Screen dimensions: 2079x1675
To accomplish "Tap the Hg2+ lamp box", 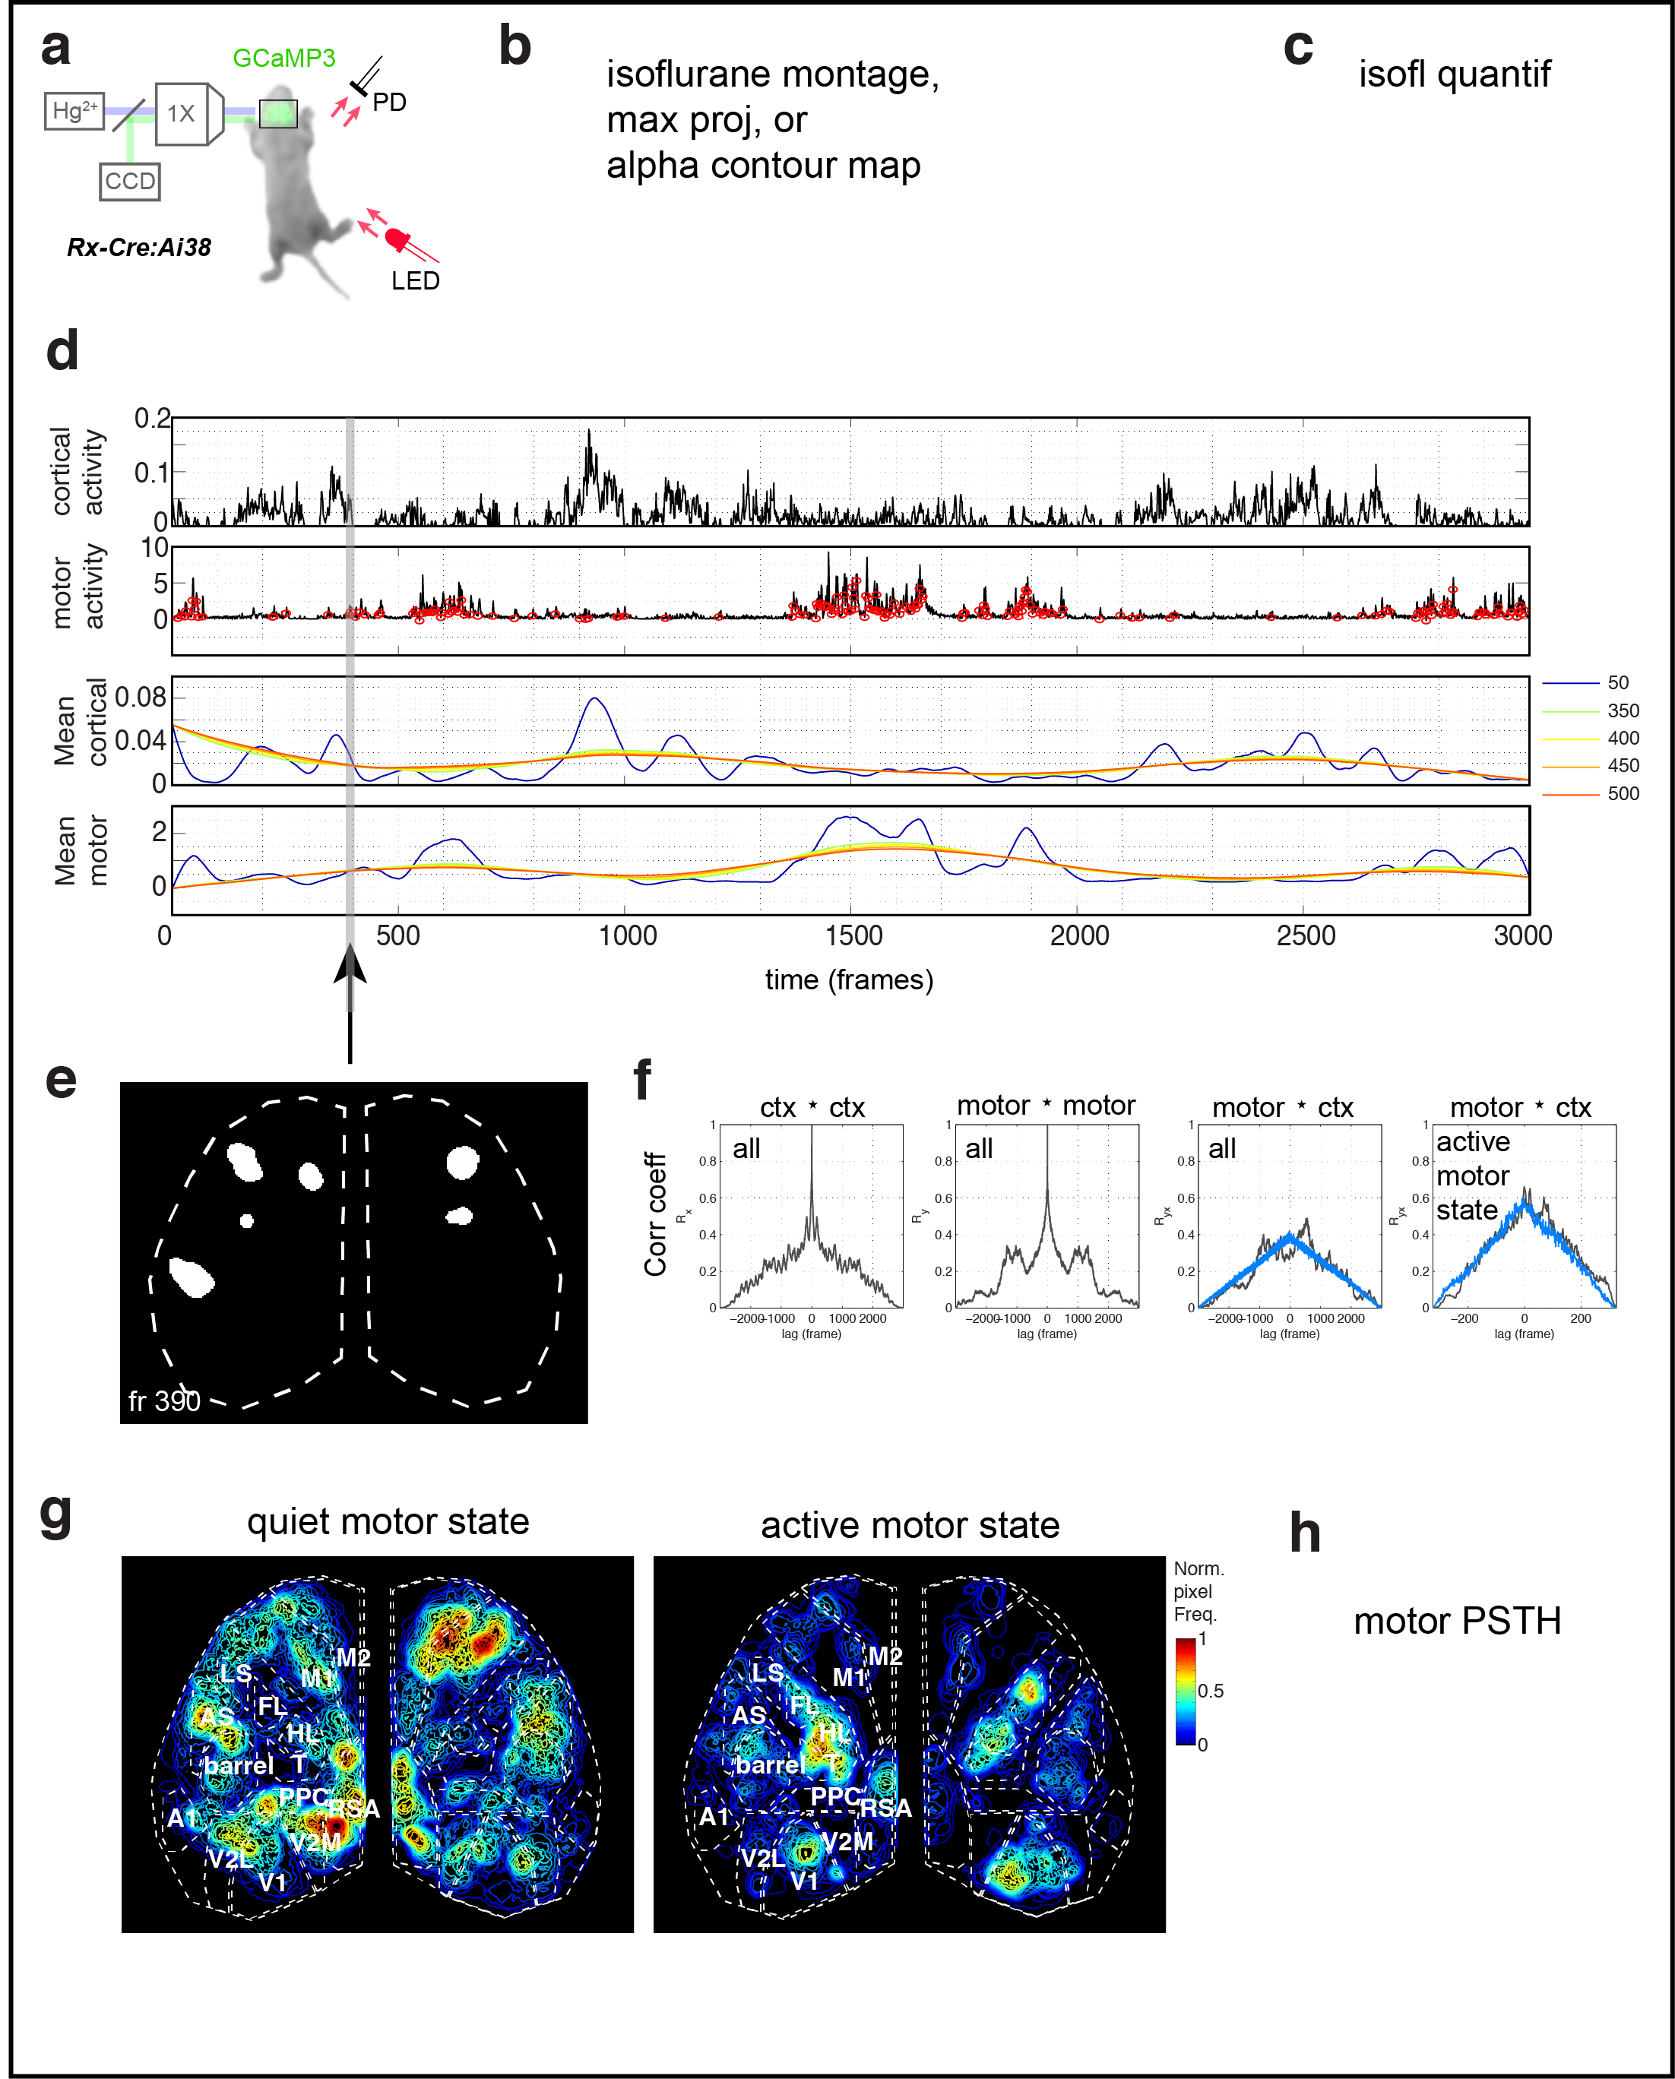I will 74,111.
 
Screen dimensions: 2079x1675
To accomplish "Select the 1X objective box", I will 182,113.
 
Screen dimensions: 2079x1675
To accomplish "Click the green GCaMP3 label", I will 283,58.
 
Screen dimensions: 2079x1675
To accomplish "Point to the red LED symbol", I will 397,237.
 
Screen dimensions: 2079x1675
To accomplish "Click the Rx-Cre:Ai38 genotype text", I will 139,247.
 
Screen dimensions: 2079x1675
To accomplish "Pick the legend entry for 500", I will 1623,793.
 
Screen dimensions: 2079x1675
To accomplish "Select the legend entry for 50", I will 1617,682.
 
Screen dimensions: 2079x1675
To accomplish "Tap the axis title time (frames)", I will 849,979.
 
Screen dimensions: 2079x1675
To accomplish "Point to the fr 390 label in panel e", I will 164,1400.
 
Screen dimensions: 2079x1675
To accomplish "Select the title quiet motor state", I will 388,1521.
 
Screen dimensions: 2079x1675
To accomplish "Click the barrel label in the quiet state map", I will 239,1765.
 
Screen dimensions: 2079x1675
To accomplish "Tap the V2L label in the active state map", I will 762,1858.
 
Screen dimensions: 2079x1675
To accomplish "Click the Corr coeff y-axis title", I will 655,1214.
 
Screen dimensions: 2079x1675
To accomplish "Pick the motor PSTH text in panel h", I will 1457,1621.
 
